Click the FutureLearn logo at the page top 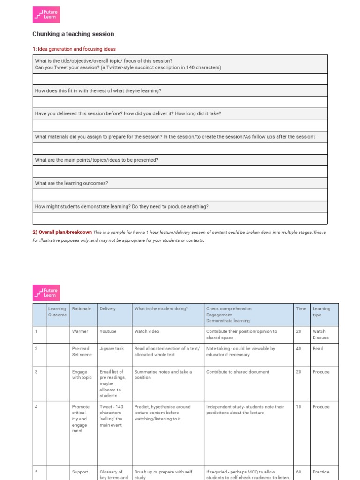tap(46, 14)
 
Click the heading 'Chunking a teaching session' tap(73, 34)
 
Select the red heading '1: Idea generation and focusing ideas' tap(74, 49)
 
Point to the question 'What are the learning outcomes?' tap(71, 183)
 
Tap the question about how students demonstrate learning tap(122, 207)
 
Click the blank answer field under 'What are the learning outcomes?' tap(180, 195)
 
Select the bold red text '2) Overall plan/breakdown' tap(62, 232)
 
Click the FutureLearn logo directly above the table tap(46, 292)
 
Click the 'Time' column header tap(301, 309)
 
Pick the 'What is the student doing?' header tap(161, 309)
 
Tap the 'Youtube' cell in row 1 tap(108, 331)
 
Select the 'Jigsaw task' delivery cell tap(112, 349)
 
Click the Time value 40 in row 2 tap(299, 349)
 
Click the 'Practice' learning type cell tap(321, 472)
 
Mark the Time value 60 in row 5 tap(299, 472)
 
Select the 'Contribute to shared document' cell tap(238, 372)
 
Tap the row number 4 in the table tap(36, 407)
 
